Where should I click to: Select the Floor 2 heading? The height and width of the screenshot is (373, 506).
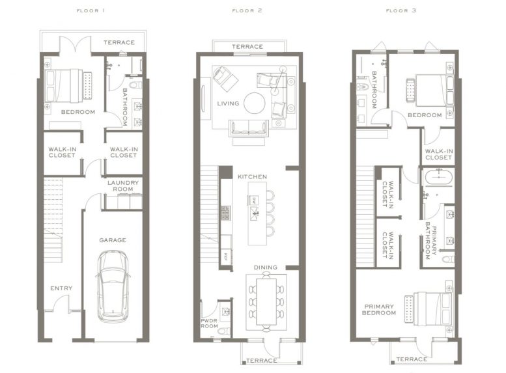(247, 11)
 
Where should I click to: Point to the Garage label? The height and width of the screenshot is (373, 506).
(113, 240)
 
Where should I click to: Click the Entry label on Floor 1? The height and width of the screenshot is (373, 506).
(61, 288)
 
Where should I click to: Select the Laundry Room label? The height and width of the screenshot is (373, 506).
(123, 186)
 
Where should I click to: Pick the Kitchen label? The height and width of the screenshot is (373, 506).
(252, 176)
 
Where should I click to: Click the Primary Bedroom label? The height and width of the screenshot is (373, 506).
(380, 309)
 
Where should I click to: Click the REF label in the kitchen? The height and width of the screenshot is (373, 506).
(226, 255)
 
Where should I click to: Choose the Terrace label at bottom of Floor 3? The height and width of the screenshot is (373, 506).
(412, 359)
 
